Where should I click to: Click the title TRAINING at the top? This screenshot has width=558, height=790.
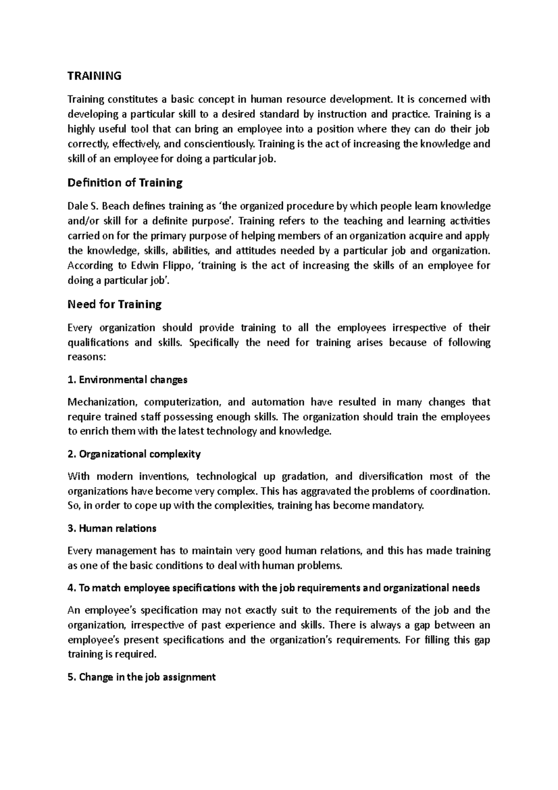coord(94,76)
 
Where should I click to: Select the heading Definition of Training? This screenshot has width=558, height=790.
coord(125,182)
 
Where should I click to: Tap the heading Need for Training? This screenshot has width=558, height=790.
coord(114,304)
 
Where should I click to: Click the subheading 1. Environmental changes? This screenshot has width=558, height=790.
coord(127,380)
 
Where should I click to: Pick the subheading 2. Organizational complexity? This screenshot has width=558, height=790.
coord(134,454)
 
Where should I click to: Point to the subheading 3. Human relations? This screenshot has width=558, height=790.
coord(112,529)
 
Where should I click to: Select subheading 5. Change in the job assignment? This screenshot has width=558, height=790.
coord(141,677)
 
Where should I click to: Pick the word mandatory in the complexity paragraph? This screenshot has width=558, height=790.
coord(399,506)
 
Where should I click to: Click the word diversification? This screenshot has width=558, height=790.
coord(391,476)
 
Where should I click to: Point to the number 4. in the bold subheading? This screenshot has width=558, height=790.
coord(71,588)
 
